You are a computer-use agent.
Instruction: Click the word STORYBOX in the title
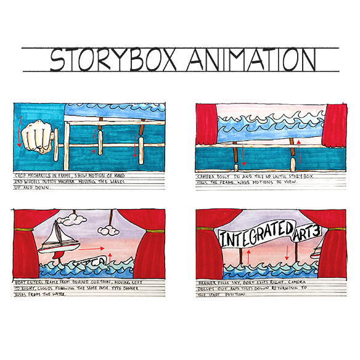(113, 59)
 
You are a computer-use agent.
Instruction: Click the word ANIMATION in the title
(252, 59)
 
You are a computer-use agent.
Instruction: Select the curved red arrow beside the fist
(18, 129)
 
